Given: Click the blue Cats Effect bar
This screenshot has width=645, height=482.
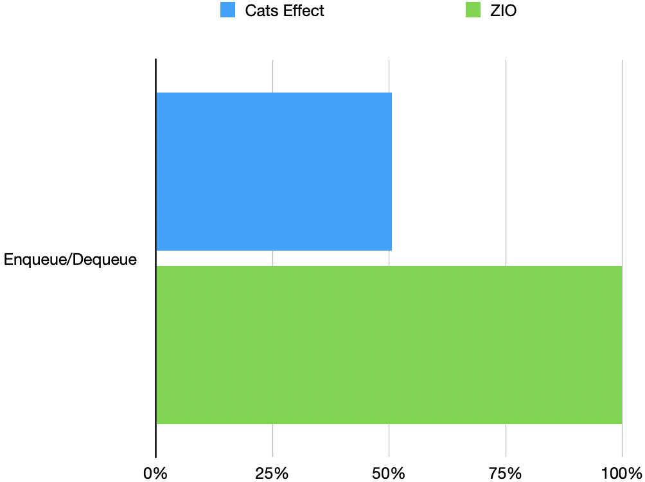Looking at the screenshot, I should click(274, 171).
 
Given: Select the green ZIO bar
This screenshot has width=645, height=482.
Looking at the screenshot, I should click(389, 344).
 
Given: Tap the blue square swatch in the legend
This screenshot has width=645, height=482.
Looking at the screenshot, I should click(227, 10).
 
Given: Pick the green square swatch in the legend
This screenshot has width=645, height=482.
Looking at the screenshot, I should click(473, 10).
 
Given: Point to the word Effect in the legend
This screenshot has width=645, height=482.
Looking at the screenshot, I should click(303, 11).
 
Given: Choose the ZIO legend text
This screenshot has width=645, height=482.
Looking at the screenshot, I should click(503, 11).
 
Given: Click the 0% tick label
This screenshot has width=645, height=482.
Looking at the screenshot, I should click(155, 473).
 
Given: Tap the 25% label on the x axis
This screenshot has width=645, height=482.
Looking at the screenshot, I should click(272, 473).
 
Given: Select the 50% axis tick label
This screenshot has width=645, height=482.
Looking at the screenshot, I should click(389, 473).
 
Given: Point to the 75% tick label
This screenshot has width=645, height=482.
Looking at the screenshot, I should click(506, 473).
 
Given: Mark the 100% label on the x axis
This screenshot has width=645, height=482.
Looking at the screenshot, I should click(621, 473).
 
